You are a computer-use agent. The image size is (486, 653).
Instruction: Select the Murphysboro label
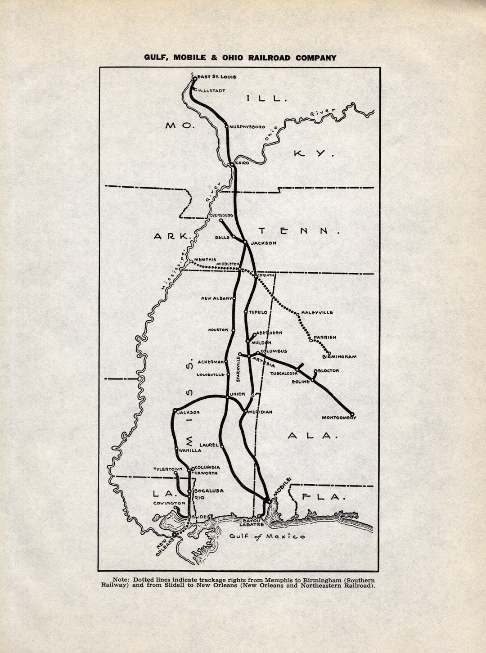247,127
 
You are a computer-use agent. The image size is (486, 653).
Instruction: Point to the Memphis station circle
191,261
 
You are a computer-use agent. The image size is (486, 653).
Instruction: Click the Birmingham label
339,357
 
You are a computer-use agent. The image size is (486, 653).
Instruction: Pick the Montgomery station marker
352,414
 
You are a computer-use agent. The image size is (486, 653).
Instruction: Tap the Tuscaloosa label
283,374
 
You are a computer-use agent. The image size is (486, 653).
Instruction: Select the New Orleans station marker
174,534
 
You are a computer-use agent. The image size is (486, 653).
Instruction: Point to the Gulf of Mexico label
267,536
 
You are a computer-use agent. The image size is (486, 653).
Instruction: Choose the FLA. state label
324,497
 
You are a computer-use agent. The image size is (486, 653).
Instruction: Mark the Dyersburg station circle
221,221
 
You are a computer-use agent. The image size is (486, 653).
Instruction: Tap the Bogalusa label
209,491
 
